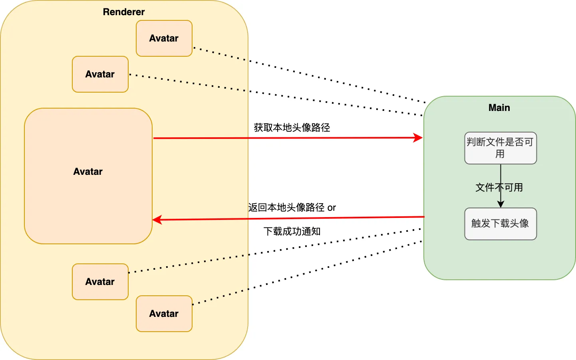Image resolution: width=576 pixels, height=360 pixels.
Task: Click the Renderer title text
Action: point(124,12)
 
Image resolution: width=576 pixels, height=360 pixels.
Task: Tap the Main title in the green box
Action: point(499,108)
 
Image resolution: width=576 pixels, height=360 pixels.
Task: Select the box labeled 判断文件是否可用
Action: point(501,148)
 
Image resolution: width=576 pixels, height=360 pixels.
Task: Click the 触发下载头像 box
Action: point(501,224)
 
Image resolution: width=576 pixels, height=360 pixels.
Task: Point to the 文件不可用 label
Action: point(499,188)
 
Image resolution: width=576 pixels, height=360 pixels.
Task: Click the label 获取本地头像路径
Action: point(292,128)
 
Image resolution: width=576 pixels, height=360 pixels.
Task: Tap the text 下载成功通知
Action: point(292,231)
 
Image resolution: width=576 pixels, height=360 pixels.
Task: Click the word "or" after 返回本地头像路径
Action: point(332,208)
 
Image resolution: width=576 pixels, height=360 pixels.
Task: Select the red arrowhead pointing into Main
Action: point(418,138)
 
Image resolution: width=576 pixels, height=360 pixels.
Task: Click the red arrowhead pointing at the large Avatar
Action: point(157,220)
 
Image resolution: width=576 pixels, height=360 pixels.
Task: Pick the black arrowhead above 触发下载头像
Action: point(501,204)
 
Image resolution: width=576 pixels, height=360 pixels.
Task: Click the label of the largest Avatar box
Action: point(88,172)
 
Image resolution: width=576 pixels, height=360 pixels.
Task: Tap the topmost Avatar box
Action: point(164,38)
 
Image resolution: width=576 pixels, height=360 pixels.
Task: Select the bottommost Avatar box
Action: point(164,314)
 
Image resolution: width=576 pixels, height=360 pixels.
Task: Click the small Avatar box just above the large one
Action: point(100,74)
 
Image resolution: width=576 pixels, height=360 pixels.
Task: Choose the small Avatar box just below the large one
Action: point(100,282)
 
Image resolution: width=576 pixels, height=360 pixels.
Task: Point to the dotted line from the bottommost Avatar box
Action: point(308,273)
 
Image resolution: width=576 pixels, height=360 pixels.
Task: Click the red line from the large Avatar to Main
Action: point(288,138)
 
